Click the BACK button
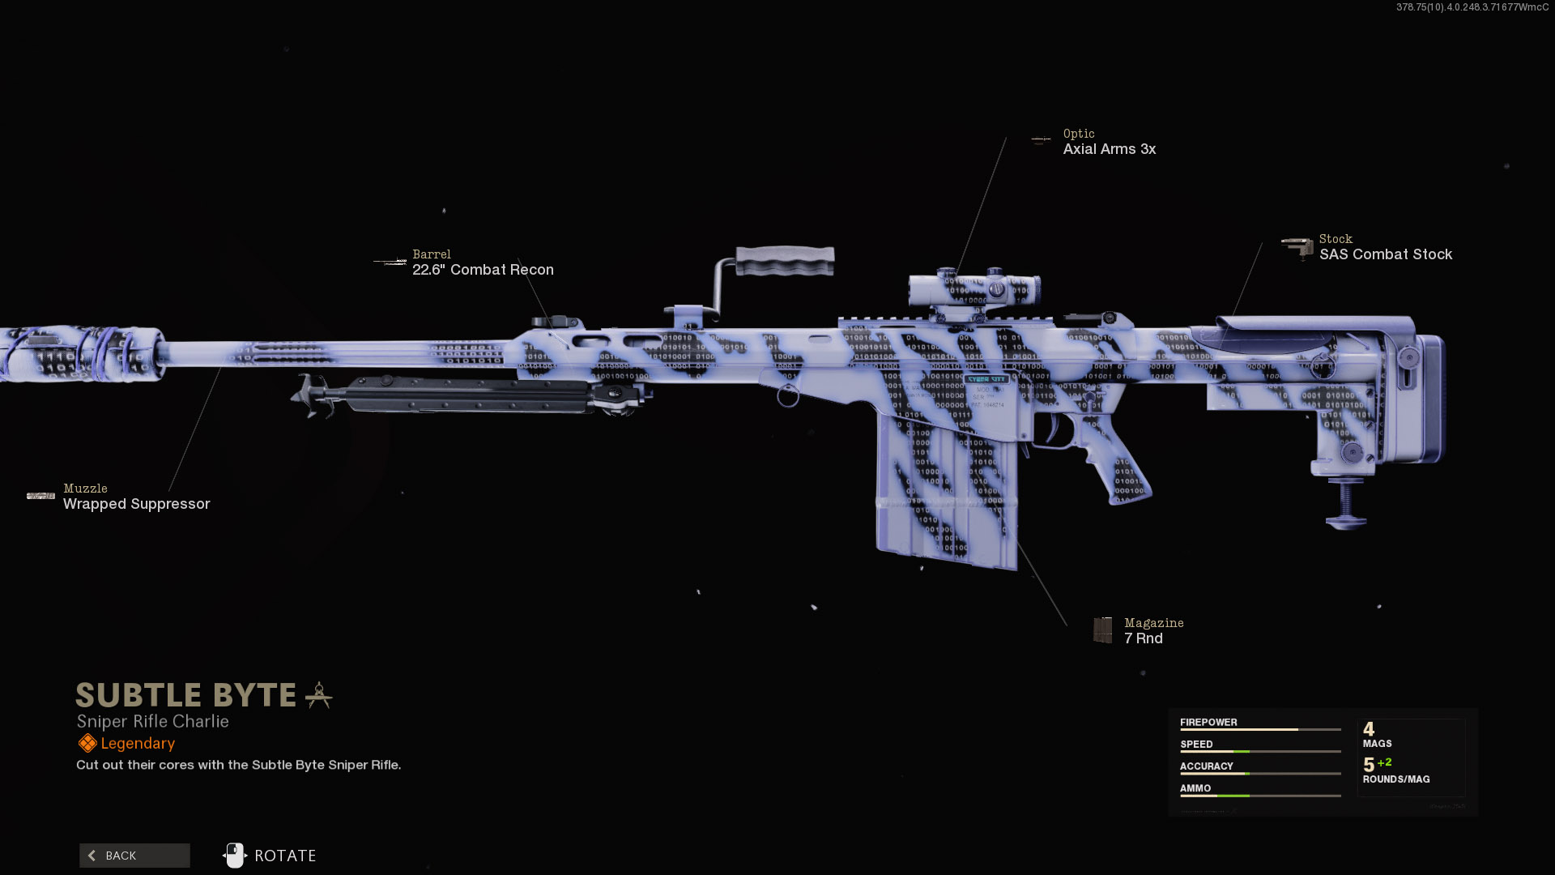(x=134, y=856)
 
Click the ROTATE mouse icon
(x=235, y=856)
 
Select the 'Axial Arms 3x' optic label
(x=1109, y=149)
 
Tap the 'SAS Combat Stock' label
(x=1385, y=254)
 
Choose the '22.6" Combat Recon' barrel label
(x=483, y=270)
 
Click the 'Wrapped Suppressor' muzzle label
(x=136, y=504)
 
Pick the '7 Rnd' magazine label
(x=1143, y=638)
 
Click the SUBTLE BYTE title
(x=186, y=695)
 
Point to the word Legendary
(x=138, y=744)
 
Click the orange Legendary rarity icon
(x=87, y=744)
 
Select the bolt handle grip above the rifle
(x=784, y=261)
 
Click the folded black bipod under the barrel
(x=470, y=395)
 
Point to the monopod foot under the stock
(x=1345, y=519)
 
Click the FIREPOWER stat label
(x=1208, y=723)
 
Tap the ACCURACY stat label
(x=1206, y=766)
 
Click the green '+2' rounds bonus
(x=1385, y=762)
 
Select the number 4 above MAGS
(x=1369, y=729)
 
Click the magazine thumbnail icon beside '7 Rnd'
(x=1102, y=630)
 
